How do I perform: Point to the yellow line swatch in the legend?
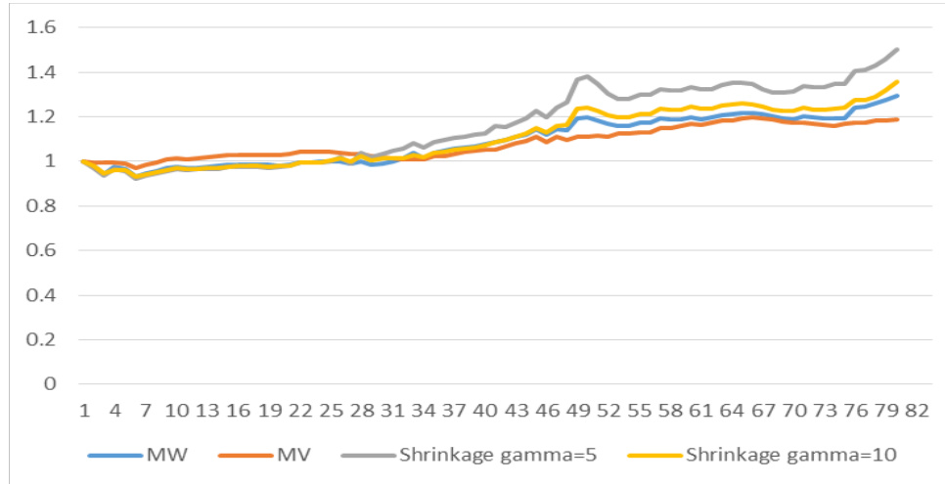(654, 455)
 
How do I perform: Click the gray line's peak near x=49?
(588, 75)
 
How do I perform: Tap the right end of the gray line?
(897, 49)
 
